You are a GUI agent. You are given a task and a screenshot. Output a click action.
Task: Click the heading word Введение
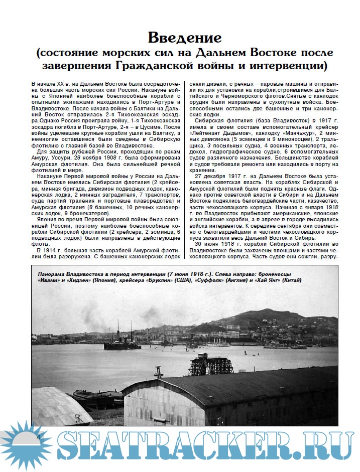(x=184, y=38)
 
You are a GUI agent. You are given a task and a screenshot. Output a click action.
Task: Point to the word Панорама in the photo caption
(x=52, y=274)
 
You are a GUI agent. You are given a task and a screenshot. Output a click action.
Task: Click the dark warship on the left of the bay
(x=122, y=344)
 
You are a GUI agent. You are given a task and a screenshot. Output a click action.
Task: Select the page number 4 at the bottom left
(x=38, y=437)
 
